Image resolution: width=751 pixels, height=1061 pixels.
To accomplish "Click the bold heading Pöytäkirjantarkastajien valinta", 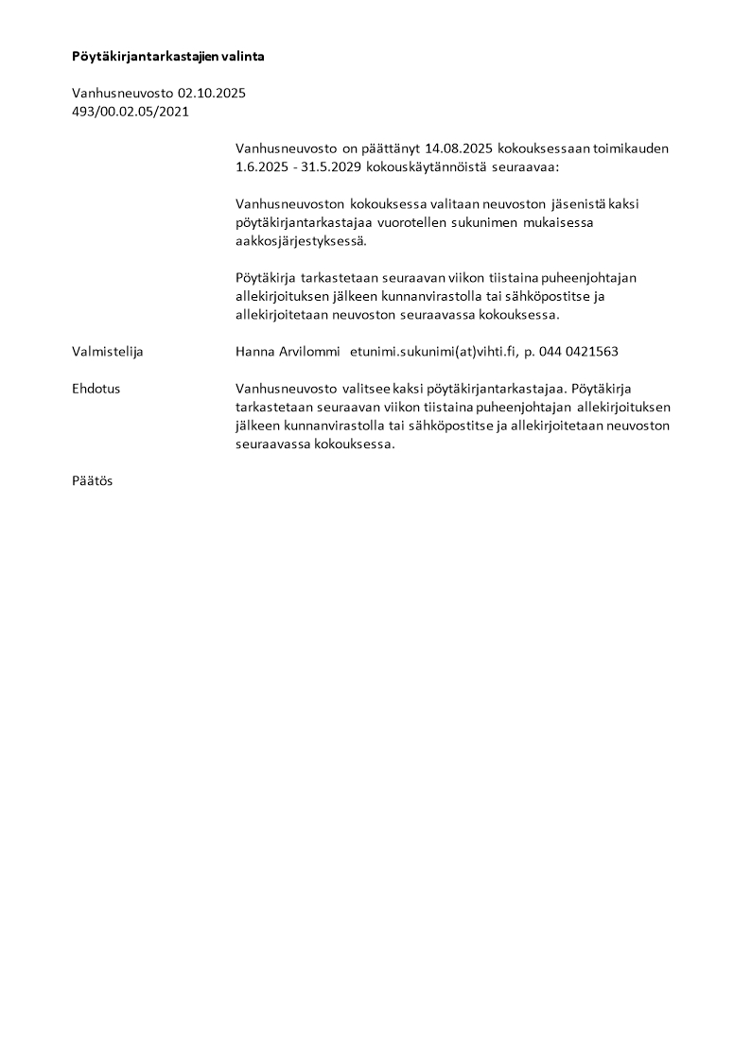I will click(x=167, y=57).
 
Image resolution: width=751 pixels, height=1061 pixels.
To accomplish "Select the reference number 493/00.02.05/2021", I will click(x=131, y=112).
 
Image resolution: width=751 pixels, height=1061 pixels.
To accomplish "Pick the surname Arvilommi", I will click(x=307, y=352).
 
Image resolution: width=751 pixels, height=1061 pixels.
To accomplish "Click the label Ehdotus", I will click(x=96, y=389).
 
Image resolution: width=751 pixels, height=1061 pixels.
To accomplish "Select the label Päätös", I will click(x=92, y=480).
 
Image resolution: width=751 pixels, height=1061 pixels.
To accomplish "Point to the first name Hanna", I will click(x=255, y=352).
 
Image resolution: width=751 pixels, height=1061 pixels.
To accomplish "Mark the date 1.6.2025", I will click(x=262, y=166).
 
